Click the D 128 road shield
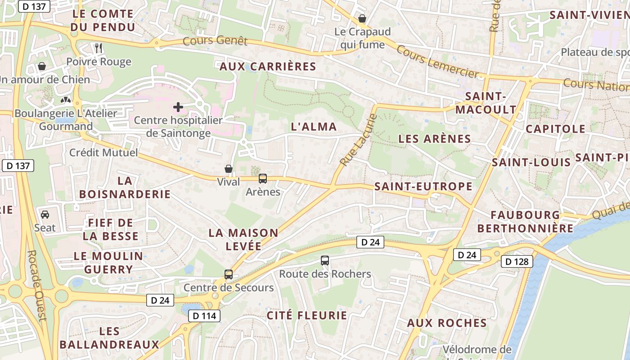point(517,261)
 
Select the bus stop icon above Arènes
point(263,179)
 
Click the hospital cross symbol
point(178,107)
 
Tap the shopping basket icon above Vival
point(229,169)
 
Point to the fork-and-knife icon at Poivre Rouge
point(99,48)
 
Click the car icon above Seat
point(45,214)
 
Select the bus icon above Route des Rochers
point(325,260)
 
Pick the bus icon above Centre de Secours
point(229,274)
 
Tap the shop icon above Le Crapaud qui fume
point(362,19)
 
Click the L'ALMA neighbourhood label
point(314,127)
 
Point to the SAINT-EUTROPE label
point(423,186)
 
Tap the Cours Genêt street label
point(215,41)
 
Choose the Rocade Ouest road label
point(37,286)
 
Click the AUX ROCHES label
point(447,323)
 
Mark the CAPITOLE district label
point(556,129)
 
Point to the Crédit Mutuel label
point(103,153)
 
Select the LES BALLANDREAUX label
point(109,338)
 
